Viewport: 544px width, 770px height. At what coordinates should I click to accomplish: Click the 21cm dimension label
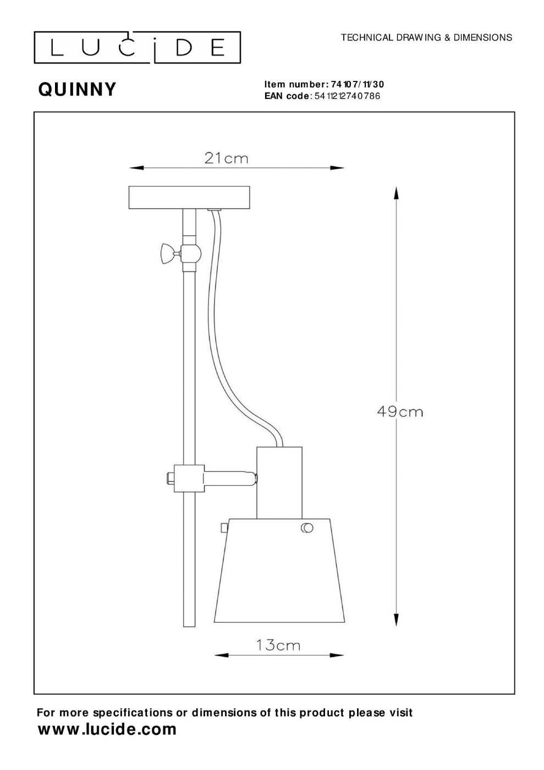(226, 158)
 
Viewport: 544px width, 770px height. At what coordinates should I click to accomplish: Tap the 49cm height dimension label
(399, 411)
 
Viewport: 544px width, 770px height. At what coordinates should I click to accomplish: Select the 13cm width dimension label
(278, 646)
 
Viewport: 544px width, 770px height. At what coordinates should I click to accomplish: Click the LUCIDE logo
(137, 47)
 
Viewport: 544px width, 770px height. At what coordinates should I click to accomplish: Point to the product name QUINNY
(78, 90)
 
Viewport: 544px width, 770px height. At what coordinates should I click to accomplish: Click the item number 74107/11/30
(358, 84)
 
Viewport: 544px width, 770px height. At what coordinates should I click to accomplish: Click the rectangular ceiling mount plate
(189, 197)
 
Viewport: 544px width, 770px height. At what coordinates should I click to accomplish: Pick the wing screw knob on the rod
(167, 254)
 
